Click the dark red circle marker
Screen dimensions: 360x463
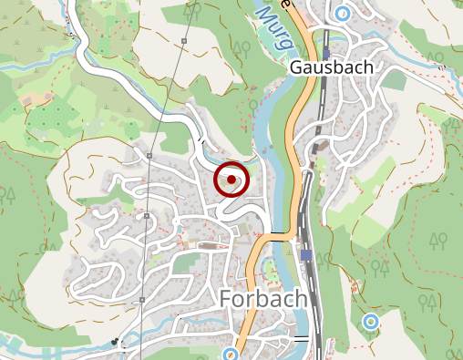232,180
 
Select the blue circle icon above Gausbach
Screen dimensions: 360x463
342,13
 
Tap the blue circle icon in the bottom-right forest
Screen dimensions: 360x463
370,322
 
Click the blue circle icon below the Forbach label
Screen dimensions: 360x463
231,354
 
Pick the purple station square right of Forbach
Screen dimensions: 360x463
306,255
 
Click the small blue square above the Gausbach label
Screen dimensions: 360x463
325,54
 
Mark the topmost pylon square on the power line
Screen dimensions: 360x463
184,41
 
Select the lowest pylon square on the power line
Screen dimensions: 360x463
142,300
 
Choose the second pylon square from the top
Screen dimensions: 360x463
149,156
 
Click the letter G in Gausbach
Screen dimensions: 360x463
296,67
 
